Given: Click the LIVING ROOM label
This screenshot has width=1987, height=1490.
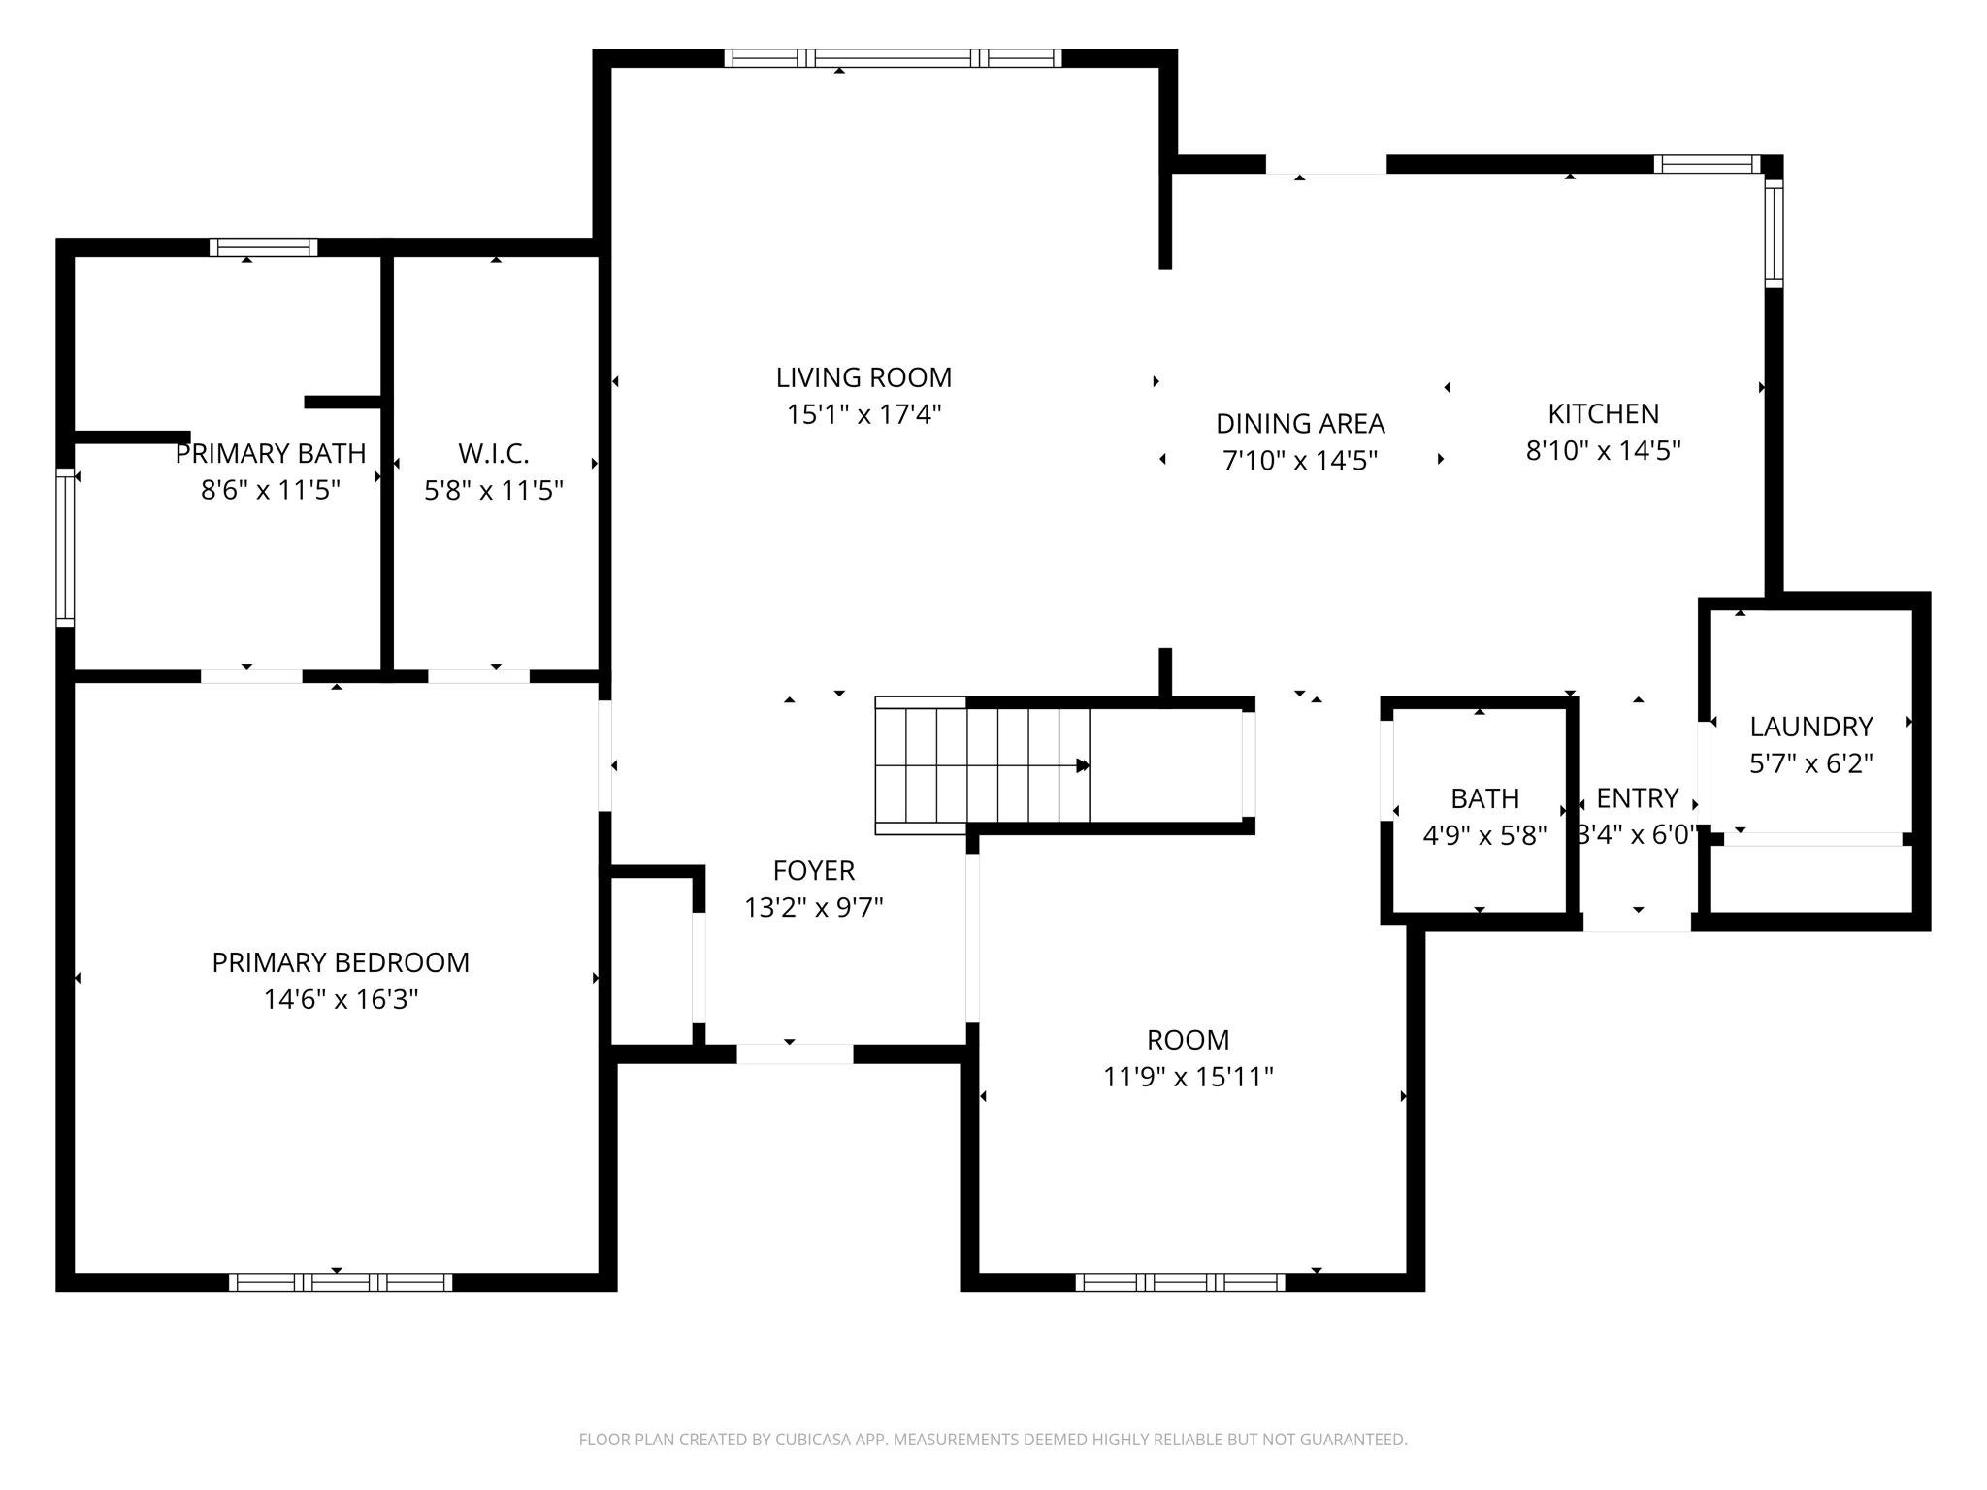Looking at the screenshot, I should [x=863, y=377].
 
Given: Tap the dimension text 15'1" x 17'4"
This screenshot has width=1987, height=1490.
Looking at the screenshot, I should [x=863, y=414].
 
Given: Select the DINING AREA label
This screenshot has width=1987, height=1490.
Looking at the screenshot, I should [x=1300, y=424].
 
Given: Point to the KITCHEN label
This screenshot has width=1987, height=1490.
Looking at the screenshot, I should [x=1603, y=414].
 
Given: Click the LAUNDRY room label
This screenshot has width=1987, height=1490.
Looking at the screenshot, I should [x=1810, y=727].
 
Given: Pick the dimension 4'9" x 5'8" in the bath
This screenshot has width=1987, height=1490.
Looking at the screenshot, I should [x=1484, y=835].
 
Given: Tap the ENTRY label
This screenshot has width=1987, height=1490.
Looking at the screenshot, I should [x=1637, y=798].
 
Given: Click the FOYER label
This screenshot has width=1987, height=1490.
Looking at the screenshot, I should [x=813, y=871].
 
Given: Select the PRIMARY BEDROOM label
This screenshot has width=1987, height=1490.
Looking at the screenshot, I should [x=341, y=962].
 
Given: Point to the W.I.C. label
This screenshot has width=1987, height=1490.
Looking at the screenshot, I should [x=493, y=453].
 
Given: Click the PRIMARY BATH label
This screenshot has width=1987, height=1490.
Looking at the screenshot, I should [x=271, y=453].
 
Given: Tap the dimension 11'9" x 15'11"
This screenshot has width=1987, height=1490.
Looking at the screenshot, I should [x=1188, y=1077].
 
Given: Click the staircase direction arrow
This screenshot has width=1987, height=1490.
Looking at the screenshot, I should [x=1083, y=766].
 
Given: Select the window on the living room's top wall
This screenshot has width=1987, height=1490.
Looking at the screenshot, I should [x=893, y=58].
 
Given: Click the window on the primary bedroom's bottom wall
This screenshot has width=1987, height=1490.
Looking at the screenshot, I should [x=341, y=1282].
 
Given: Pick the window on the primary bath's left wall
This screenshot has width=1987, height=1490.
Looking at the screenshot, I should [x=65, y=548].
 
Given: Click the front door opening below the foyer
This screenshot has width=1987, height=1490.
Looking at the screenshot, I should [x=795, y=1053].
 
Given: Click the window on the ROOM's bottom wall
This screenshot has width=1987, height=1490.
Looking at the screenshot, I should [x=1180, y=1282].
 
